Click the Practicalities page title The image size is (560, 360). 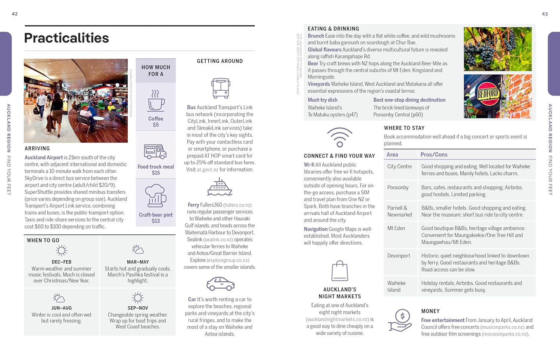[66, 38]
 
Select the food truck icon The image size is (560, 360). [155, 152]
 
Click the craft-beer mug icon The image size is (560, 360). [155, 196]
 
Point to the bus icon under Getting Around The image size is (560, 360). [220, 88]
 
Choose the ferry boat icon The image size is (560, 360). [220, 187]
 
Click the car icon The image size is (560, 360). [220, 284]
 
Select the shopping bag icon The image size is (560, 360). [340, 271]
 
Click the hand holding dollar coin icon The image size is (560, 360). [400, 321]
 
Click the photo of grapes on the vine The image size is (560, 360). [497, 49]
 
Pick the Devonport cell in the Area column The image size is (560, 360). [398, 256]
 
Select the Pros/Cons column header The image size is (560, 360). [434, 155]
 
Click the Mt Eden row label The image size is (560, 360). [396, 228]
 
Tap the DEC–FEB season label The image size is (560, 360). [62, 262]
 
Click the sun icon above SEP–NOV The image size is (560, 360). [138, 298]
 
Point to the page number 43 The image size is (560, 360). [545, 14]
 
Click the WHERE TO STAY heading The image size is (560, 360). [404, 128]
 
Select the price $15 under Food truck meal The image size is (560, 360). [156, 173]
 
